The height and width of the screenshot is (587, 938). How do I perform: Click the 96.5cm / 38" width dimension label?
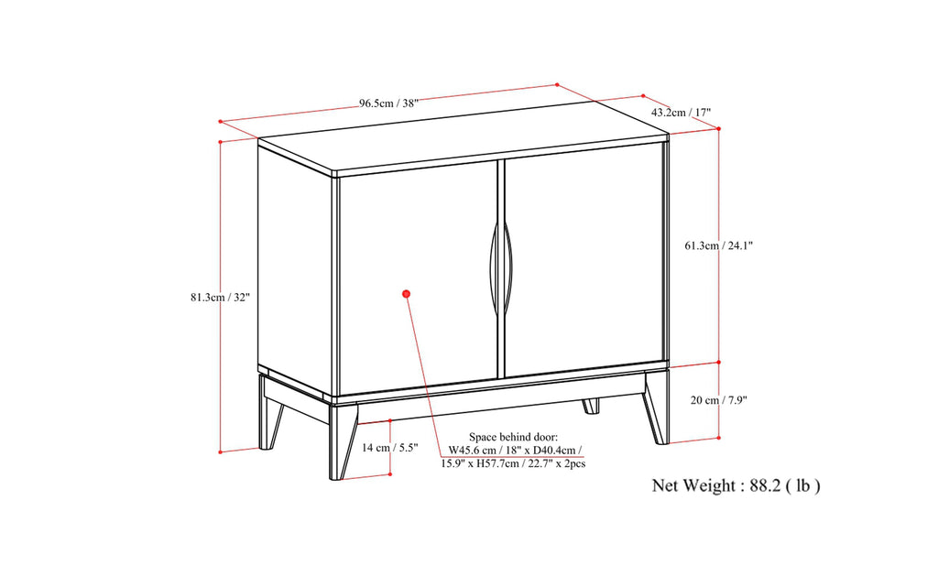(388, 103)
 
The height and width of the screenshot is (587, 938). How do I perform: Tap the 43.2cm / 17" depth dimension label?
(681, 113)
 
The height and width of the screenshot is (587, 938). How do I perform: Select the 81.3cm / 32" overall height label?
(220, 297)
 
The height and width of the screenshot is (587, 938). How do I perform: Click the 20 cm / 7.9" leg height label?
(724, 400)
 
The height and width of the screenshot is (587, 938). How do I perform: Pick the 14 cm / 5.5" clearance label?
(388, 448)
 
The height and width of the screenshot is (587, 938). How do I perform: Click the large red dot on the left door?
(406, 293)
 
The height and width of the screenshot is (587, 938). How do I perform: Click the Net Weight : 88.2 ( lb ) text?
(736, 485)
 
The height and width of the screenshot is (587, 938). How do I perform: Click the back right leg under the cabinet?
(591, 404)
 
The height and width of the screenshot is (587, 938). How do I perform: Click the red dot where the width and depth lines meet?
(558, 85)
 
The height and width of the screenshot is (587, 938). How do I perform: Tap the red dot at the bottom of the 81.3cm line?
(221, 451)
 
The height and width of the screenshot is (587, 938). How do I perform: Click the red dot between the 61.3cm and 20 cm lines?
(718, 362)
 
